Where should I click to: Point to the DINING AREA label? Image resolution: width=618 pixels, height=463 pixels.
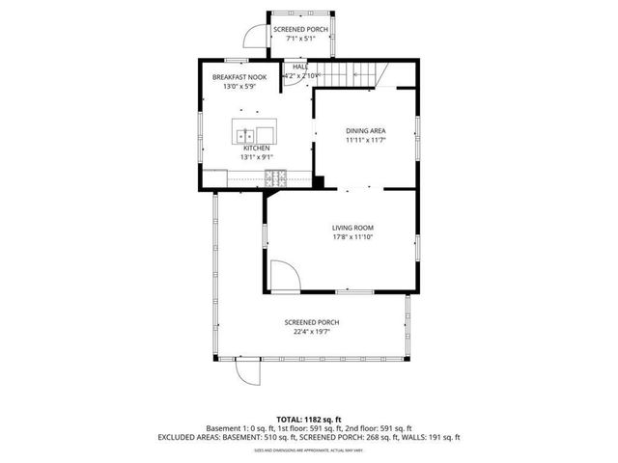[x=365, y=130]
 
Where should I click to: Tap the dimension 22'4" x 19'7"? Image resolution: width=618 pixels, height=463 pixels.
[x=311, y=332]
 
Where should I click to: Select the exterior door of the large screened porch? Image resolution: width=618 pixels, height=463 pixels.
[x=250, y=373]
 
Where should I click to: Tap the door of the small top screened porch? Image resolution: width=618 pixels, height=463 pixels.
[x=254, y=36]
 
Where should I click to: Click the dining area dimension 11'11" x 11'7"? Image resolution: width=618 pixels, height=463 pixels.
[x=365, y=140]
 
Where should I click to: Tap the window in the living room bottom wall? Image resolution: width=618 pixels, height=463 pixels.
[x=347, y=291]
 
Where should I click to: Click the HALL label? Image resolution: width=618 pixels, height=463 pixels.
[x=300, y=67]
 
